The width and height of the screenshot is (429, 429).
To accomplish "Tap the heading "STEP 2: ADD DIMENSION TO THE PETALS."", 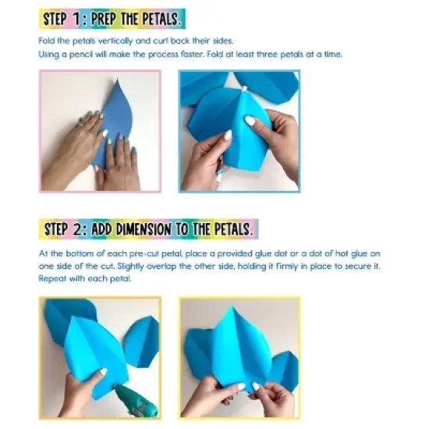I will [148, 229].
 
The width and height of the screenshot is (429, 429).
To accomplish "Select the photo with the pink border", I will [100, 131].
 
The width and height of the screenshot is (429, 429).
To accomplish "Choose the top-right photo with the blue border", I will [239, 131].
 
